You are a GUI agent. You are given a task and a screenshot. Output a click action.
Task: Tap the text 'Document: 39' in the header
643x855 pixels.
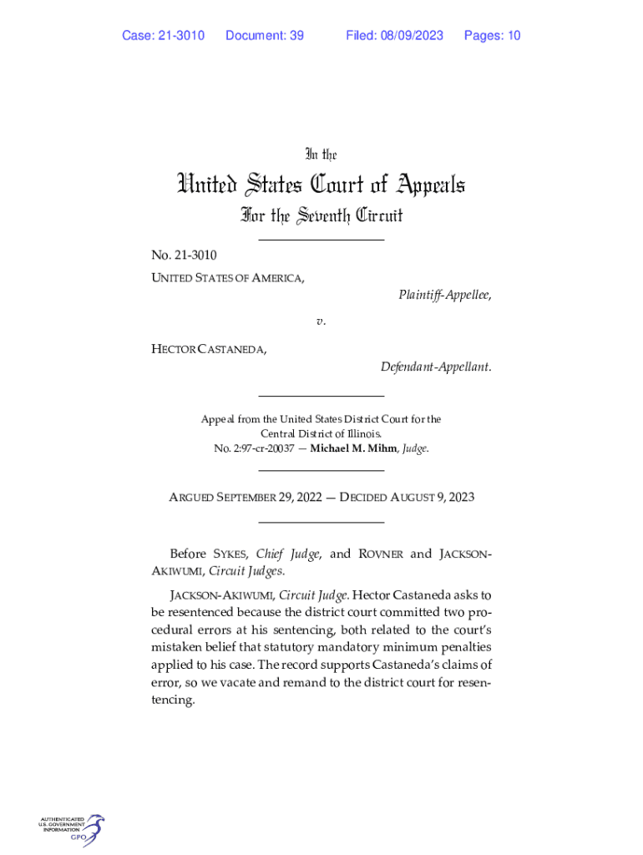pyautogui.click(x=264, y=35)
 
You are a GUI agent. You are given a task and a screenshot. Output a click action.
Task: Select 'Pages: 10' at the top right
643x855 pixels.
pyautogui.click(x=492, y=35)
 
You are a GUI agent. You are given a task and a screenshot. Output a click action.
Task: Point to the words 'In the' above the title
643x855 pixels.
pyautogui.click(x=321, y=154)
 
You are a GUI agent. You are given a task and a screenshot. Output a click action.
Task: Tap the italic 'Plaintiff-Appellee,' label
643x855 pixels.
pyautogui.click(x=444, y=295)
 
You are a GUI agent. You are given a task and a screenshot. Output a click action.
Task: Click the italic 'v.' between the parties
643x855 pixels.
pyautogui.click(x=321, y=321)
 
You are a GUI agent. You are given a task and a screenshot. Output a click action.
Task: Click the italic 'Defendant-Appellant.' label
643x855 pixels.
pyautogui.click(x=436, y=367)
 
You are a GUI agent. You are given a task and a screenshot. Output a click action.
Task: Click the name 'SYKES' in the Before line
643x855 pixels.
pyautogui.click(x=231, y=554)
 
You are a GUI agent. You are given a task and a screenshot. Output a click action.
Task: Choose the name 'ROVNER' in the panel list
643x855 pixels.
pyautogui.click(x=381, y=554)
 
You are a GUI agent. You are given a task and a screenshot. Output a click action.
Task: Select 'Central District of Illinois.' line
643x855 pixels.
pyautogui.click(x=321, y=434)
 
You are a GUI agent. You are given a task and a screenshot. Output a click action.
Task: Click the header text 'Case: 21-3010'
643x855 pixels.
pyautogui.click(x=163, y=35)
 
